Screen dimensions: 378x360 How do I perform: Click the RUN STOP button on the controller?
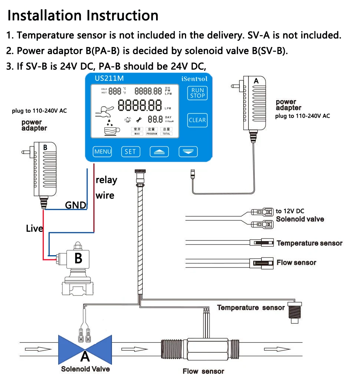198,93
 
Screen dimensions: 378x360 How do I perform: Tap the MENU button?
102,151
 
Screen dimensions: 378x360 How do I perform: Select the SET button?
130,151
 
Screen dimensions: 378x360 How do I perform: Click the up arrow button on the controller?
159,152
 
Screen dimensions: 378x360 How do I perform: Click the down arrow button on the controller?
188,152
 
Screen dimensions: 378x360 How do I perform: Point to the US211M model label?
109,79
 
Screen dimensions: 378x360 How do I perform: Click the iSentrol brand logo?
194,79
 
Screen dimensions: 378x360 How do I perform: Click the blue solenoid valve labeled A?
85,350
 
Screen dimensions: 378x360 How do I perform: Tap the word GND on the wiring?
76,205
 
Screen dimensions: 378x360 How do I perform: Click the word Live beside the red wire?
34,229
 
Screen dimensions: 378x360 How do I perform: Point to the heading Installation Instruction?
83,16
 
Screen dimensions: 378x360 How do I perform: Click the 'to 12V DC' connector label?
290,211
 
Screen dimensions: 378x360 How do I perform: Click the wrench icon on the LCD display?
139,119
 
